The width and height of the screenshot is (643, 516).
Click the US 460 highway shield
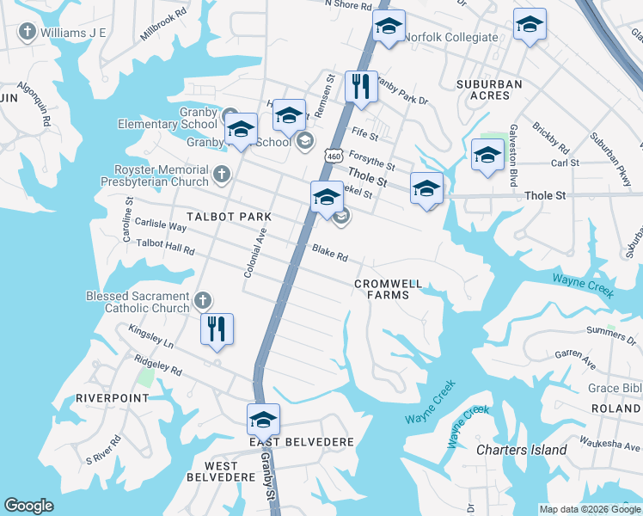pyautogui.click(x=334, y=156)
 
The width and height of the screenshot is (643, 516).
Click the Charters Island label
pyautogui.click(x=522, y=450)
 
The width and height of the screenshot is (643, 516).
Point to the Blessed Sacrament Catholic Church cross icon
pyautogui.click(x=202, y=300)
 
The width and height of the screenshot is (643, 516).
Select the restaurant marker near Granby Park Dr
pyautogui.click(x=360, y=86)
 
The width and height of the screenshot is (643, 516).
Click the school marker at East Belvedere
pyautogui.click(x=263, y=419)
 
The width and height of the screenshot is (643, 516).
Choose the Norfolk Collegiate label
pyautogui.click(x=451, y=37)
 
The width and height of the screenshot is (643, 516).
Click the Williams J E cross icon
pyautogui.click(x=27, y=33)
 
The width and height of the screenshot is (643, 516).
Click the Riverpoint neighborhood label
pyautogui.click(x=112, y=398)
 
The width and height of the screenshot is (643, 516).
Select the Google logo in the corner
pyautogui.click(x=28, y=506)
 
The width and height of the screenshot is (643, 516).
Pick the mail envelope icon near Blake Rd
pyautogui.click(x=340, y=217)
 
